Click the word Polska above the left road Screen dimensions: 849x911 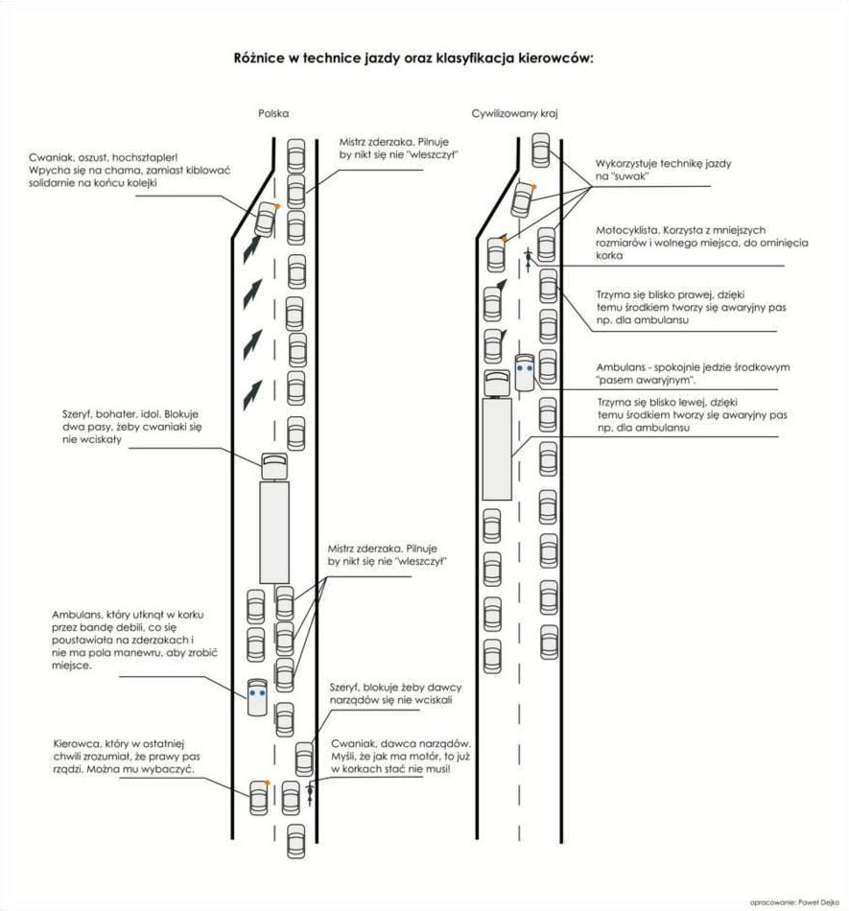pyautogui.click(x=273, y=113)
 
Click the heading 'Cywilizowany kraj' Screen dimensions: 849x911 pyautogui.click(x=515, y=113)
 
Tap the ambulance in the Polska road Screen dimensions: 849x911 pyautogui.click(x=257, y=696)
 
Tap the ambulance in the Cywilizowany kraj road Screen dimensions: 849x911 pyautogui.click(x=525, y=372)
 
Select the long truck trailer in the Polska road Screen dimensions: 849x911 pyautogui.click(x=274, y=532)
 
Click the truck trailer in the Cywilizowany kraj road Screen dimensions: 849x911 pyautogui.click(x=497, y=449)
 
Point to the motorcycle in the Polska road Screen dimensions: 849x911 pyautogui.click(x=310, y=794)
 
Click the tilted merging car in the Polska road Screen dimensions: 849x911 pyautogui.click(x=266, y=219)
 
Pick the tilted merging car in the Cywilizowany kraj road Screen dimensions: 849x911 pyautogui.click(x=523, y=199)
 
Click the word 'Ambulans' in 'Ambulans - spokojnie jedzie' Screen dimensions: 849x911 pyautogui.click(x=621, y=367)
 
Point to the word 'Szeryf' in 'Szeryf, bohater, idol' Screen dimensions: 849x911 pyautogui.click(x=77, y=415)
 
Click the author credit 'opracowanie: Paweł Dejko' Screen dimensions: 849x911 pyautogui.click(x=794, y=902)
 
